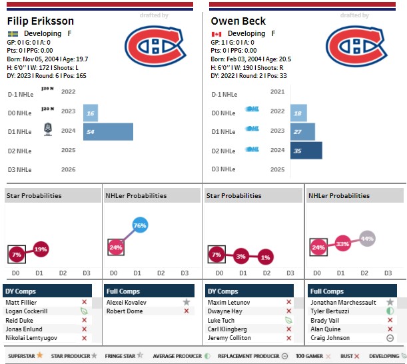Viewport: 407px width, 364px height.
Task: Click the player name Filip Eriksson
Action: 39,21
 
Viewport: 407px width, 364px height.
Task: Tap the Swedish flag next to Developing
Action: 13,33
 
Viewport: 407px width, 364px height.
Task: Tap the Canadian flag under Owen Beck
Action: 216,33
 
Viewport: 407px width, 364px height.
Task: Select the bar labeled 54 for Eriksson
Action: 108,131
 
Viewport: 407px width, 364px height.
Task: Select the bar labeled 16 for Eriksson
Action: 91,113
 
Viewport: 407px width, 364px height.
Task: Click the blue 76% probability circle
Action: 139,226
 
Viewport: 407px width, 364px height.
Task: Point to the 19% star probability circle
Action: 41,249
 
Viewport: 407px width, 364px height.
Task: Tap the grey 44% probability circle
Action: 366,238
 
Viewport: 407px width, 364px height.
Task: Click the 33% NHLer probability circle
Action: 342,244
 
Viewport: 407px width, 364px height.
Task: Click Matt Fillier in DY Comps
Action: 21,302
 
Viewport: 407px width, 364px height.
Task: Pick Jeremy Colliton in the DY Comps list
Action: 230,338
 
